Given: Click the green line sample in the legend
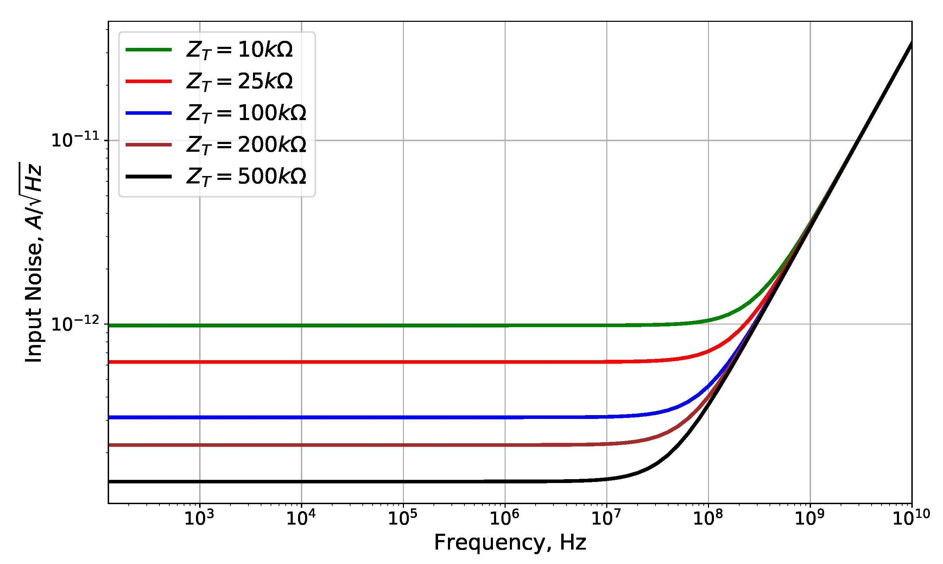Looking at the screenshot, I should [x=148, y=50].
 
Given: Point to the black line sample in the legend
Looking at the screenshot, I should [x=148, y=176].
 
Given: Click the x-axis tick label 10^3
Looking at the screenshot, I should [x=199, y=518].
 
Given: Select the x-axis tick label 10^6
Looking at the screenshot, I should [x=504, y=518].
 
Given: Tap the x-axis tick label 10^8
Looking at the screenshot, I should [x=708, y=518].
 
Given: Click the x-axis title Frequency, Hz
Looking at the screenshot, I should [x=510, y=543].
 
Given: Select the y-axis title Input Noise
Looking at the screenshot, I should [x=33, y=262].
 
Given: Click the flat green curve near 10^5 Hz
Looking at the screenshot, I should [x=403, y=326].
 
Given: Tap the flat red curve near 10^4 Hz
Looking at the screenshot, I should [x=302, y=362].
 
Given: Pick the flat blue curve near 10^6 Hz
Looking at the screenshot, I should [x=505, y=418].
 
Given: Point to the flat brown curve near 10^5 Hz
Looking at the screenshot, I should [x=403, y=445].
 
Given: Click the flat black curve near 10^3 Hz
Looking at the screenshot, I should [x=200, y=482].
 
